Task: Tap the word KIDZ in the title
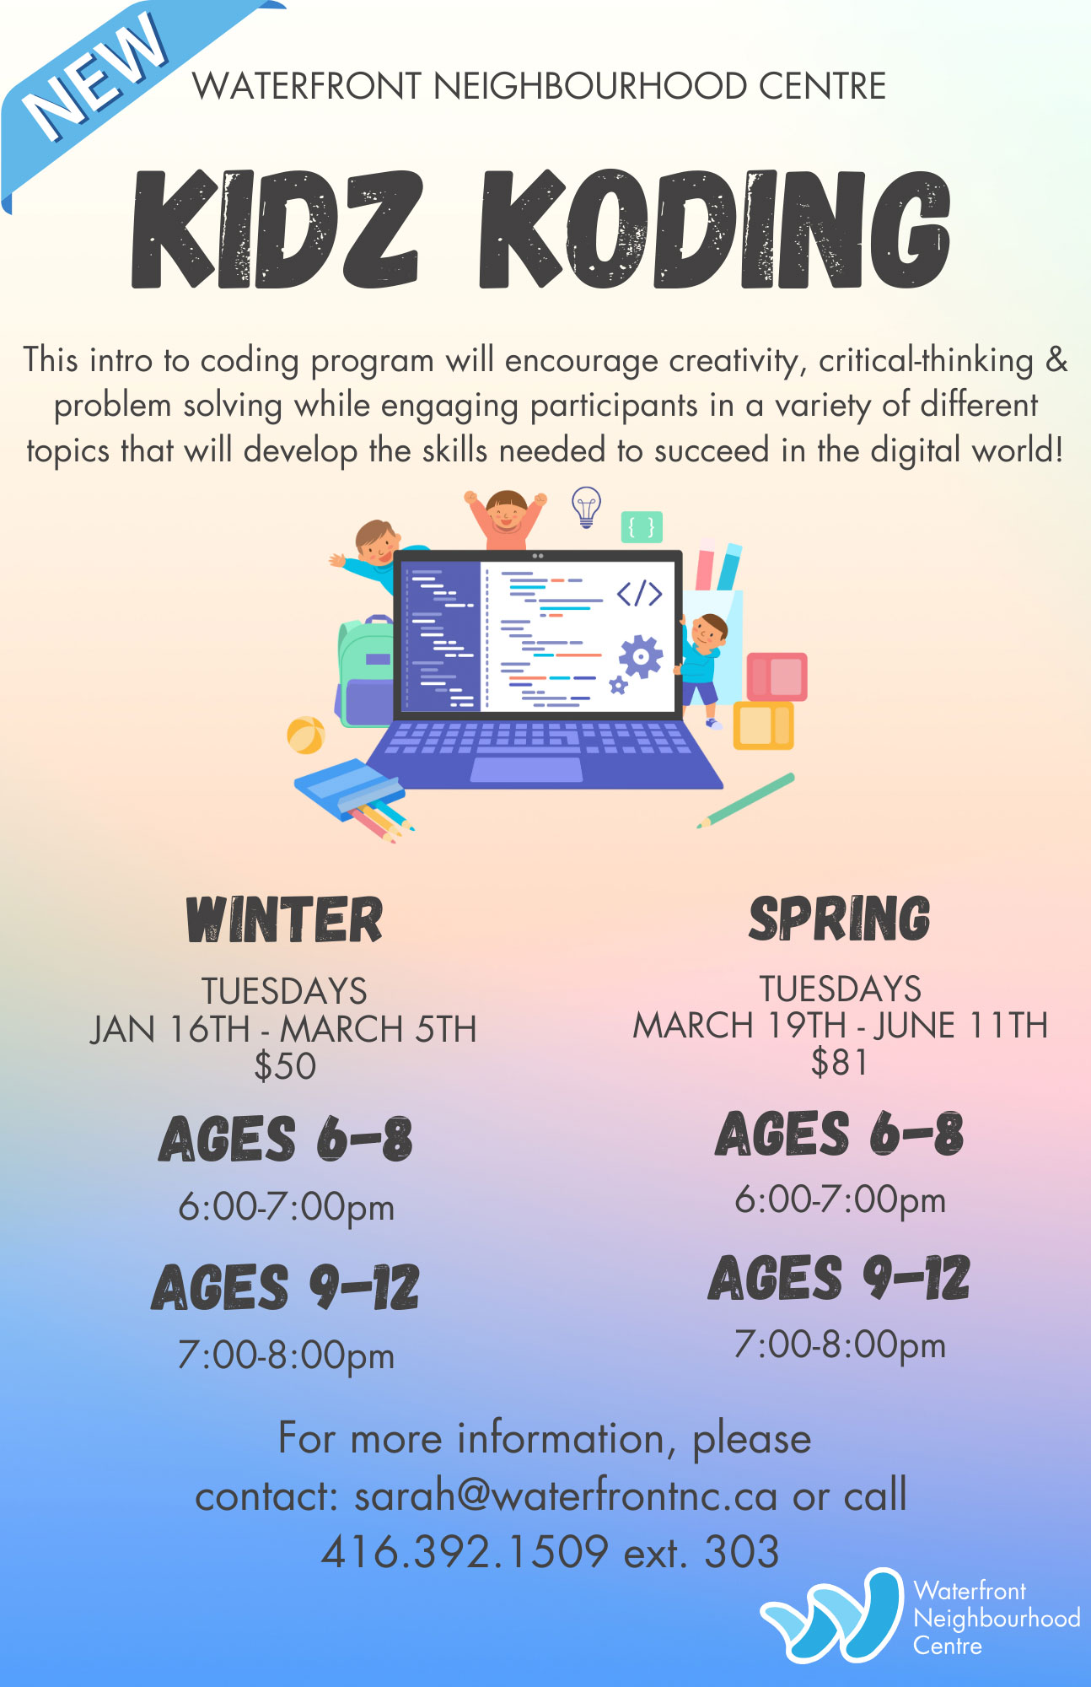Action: coord(276,229)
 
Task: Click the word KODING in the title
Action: coord(715,229)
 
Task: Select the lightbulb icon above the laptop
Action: coord(586,507)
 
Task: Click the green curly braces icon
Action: coord(642,527)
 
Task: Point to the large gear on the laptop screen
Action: coord(641,655)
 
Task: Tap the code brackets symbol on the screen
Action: coord(639,594)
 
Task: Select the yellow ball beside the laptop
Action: coord(305,735)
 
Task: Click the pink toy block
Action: coord(777,676)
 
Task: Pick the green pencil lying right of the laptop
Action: coord(746,800)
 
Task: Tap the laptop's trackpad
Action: coord(527,769)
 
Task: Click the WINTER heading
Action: coord(284,919)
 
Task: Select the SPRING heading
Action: coord(840,919)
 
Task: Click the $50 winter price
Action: coord(285,1066)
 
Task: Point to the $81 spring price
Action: coord(839,1062)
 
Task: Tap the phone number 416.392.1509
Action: coord(465,1552)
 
